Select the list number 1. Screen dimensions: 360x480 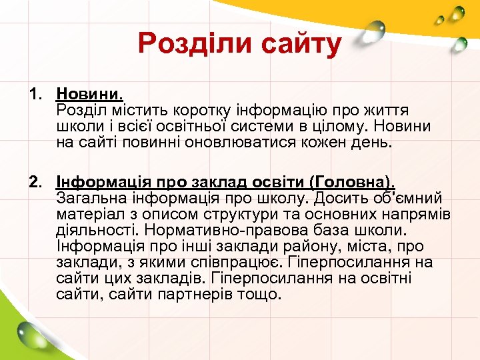35,94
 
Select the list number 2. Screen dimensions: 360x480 35,182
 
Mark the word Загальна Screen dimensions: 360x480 90,198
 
